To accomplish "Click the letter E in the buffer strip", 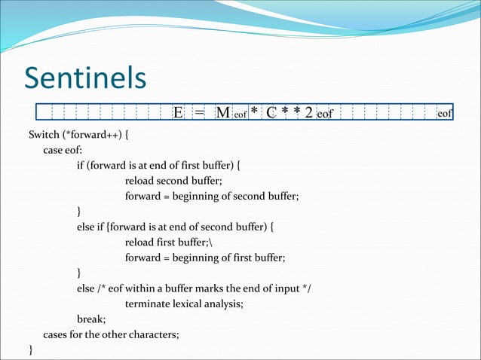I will (178, 113).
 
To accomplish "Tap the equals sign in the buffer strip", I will (199, 113).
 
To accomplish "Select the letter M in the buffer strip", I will (222, 113).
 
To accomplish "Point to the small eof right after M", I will (240, 115).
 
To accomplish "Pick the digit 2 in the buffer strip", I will (308, 113).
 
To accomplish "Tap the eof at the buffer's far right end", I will (445, 114).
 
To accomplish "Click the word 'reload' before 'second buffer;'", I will (141, 181).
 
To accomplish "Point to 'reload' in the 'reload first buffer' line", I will (141, 242).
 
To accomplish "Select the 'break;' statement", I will (90, 319).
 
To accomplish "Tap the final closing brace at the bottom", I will (31, 349).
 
